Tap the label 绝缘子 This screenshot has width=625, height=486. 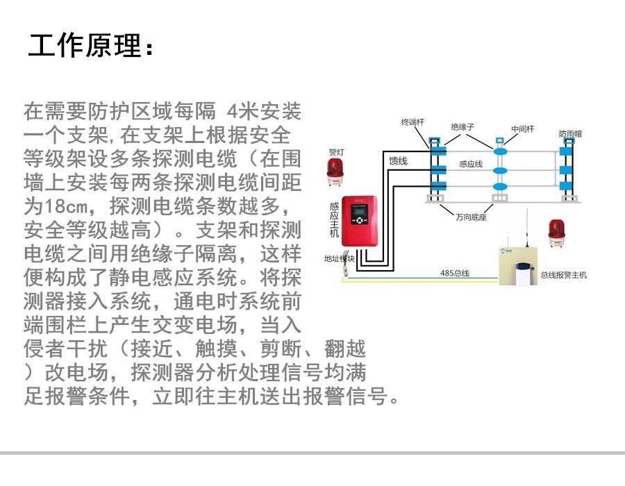pyautogui.click(x=462, y=127)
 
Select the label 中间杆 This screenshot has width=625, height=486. pyautogui.click(x=522, y=129)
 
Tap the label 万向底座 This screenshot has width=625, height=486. pyautogui.click(x=469, y=217)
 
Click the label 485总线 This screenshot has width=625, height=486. pyautogui.click(x=454, y=273)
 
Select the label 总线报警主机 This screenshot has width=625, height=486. pyautogui.click(x=563, y=275)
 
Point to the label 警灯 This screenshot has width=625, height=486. pyautogui.click(x=336, y=151)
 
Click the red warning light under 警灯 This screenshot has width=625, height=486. pyautogui.click(x=336, y=171)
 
